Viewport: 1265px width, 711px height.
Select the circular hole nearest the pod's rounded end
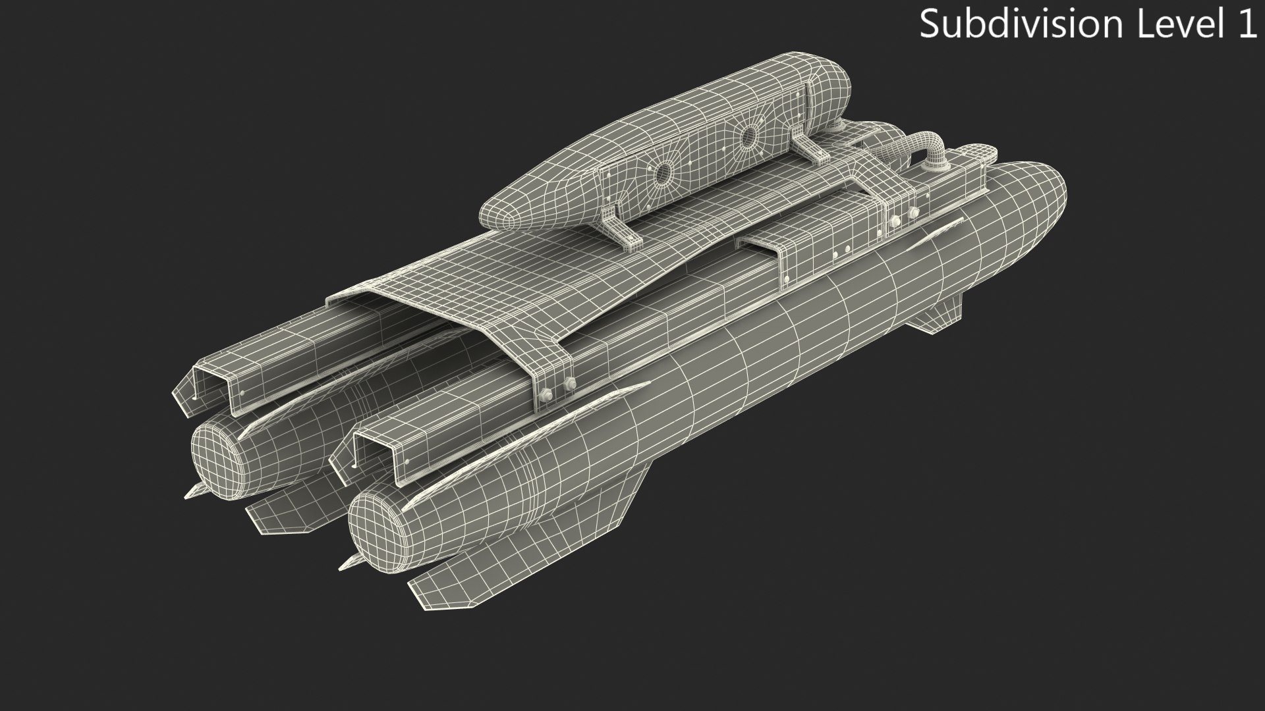(x=748, y=138)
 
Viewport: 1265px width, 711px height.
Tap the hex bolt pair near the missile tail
(x=557, y=389)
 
